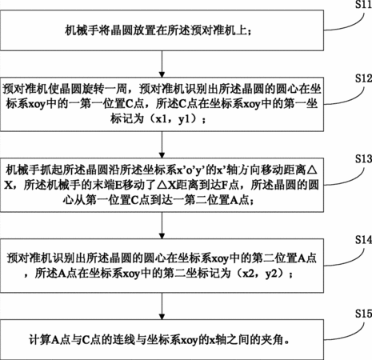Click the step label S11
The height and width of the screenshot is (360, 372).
363,5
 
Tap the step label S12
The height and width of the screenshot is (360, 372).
363,78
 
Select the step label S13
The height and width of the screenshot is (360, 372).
363,159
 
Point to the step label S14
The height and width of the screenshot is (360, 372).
363,240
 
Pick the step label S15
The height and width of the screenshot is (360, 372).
363,314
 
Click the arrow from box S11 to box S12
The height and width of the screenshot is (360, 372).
162,64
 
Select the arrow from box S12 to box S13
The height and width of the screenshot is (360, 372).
162,145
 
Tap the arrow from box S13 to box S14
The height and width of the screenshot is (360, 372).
162,226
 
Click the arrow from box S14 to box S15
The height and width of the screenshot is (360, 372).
162,306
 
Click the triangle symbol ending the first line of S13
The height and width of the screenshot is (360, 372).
312,170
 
